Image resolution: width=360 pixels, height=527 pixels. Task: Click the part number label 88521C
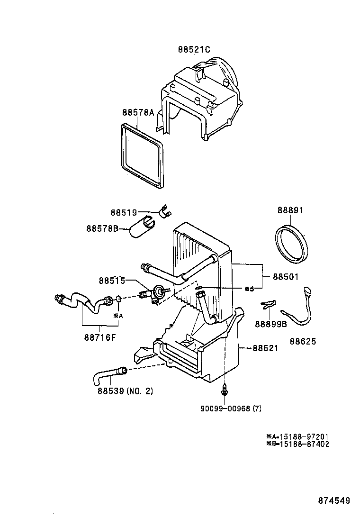tap(194, 49)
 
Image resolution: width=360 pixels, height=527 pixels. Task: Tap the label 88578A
tap(138, 112)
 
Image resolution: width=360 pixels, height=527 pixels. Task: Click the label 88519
tap(124, 213)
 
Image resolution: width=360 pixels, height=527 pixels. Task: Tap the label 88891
tap(290, 210)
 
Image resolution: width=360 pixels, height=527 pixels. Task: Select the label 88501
tap(285, 277)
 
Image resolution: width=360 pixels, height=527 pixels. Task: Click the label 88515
tap(112, 281)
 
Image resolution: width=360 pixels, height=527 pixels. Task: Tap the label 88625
tap(303, 341)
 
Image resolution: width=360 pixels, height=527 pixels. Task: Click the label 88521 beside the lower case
tap(265, 348)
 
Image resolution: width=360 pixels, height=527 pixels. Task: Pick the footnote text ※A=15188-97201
tap(297, 436)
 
